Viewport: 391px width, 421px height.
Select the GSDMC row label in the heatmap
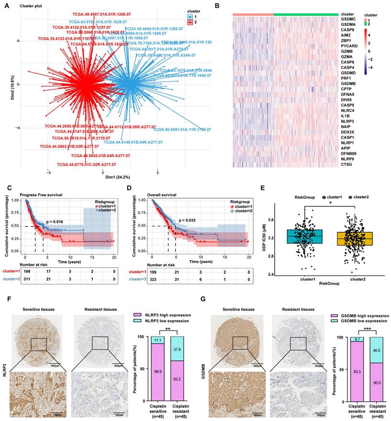[x=347, y=20]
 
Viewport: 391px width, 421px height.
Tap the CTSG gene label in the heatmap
[x=347, y=164]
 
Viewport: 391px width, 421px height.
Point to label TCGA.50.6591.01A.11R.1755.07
[x=182, y=129]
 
